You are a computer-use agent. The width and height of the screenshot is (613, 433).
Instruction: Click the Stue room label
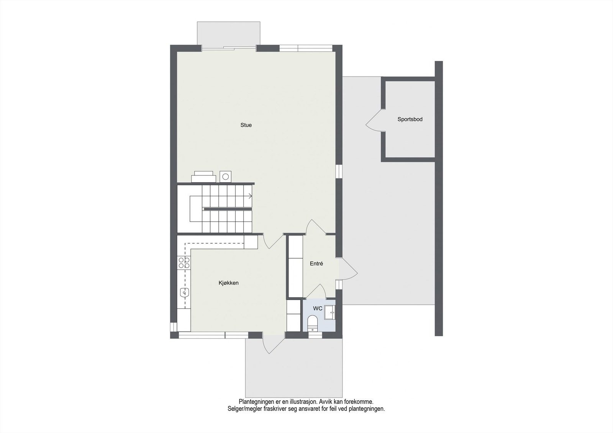pyautogui.click(x=246, y=125)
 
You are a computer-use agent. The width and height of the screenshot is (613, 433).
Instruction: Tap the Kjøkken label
pyautogui.click(x=228, y=283)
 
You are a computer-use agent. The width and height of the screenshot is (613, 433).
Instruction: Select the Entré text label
pyautogui.click(x=316, y=264)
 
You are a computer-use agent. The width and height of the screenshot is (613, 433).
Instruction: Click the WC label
pyautogui.click(x=318, y=309)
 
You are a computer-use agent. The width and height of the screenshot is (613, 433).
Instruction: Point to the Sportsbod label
pyautogui.click(x=410, y=119)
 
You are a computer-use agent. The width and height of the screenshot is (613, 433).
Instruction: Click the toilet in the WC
pyautogui.click(x=313, y=323)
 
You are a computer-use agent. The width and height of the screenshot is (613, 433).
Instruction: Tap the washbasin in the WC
pyautogui.click(x=329, y=312)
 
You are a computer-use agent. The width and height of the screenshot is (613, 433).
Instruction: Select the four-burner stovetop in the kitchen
pyautogui.click(x=184, y=262)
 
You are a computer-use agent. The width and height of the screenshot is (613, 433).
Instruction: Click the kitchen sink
pyautogui.click(x=185, y=293)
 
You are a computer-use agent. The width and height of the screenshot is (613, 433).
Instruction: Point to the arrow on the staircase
pyautogui.click(x=250, y=196)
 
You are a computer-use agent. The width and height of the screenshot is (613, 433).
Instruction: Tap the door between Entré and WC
pyautogui.click(x=316, y=292)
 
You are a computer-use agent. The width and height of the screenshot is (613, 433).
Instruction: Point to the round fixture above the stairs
pyautogui.click(x=225, y=176)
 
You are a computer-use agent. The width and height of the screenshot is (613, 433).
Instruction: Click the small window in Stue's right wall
pyautogui.click(x=339, y=171)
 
